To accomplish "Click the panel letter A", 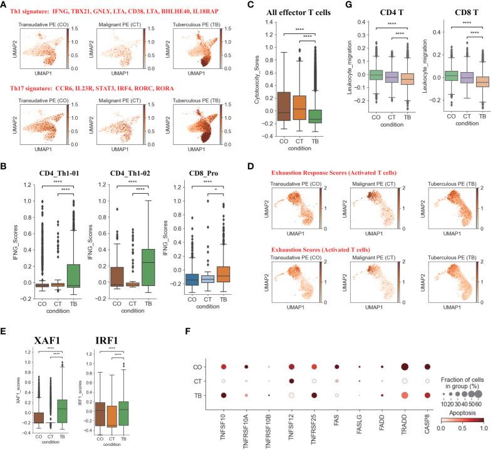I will [x=4, y=5].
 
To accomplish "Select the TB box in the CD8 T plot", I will [x=465, y=82].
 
